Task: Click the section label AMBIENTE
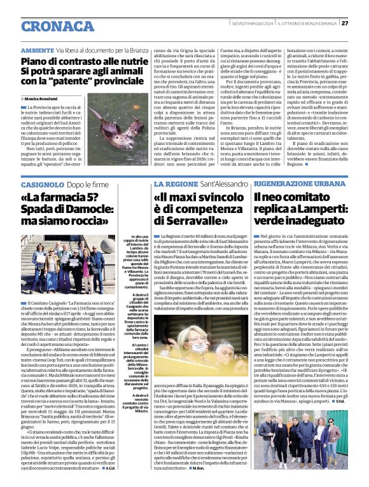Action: click(38, 49)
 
